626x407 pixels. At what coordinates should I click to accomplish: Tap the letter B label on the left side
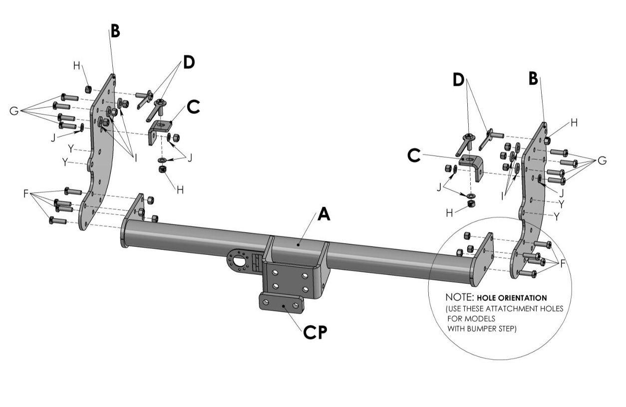(115, 31)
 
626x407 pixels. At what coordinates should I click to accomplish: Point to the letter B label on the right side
(533, 78)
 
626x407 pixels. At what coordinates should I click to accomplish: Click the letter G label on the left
(14, 111)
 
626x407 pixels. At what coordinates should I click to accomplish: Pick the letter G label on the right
(602, 161)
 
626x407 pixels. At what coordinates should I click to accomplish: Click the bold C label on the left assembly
(193, 107)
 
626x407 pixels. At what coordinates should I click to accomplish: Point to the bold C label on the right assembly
(414, 156)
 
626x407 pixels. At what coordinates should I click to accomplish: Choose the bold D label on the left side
(188, 62)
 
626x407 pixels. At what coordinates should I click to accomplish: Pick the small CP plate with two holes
(281, 302)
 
